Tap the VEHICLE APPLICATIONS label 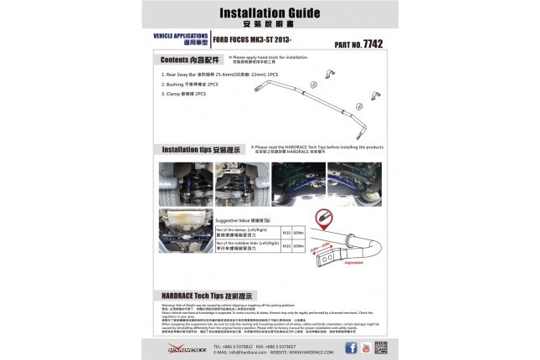coord(179,36)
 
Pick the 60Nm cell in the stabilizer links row coord(300,246)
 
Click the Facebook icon coord(351,347)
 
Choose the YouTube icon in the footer coord(365,347)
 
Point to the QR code coord(380,347)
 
